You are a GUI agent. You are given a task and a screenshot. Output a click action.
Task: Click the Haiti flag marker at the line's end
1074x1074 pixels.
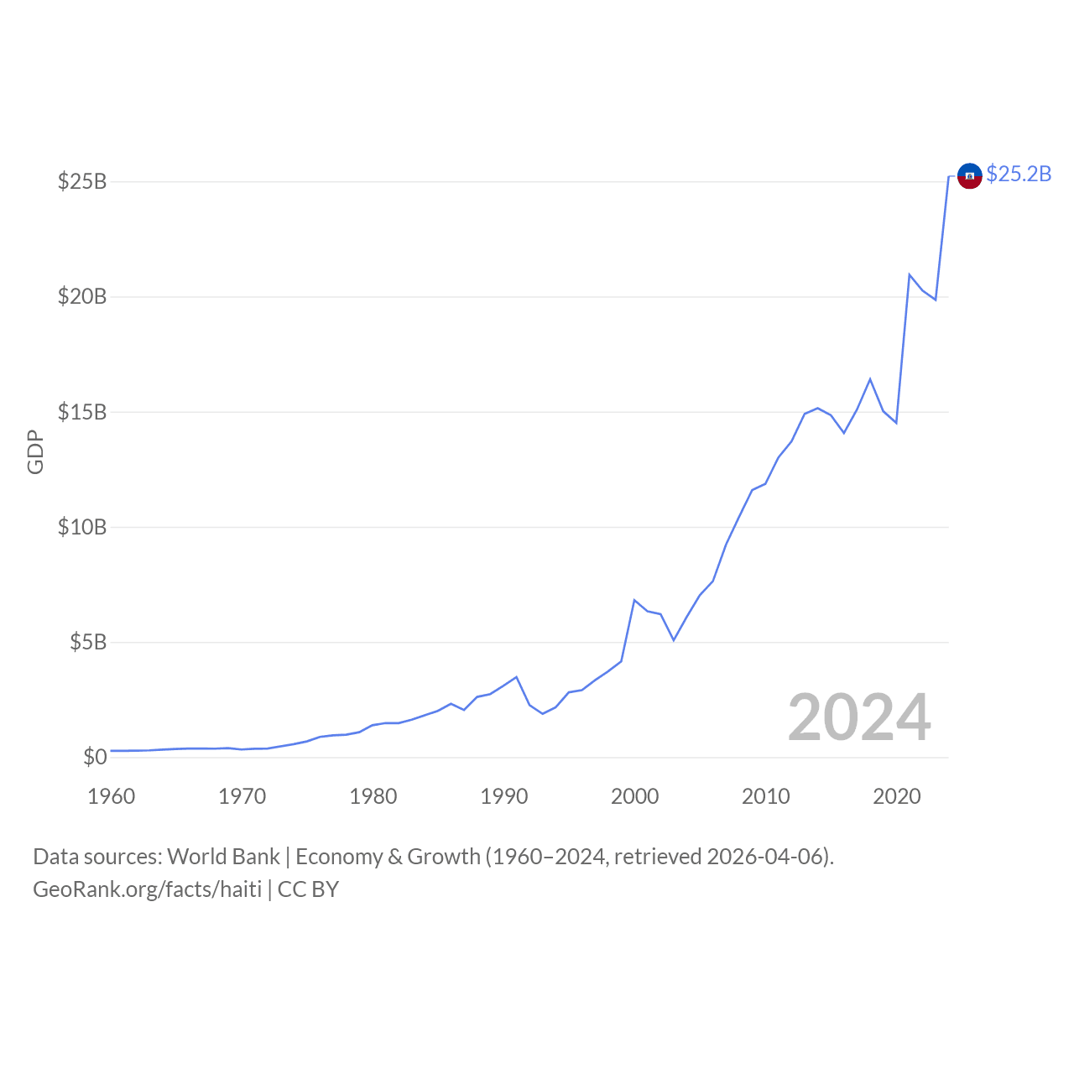(x=969, y=176)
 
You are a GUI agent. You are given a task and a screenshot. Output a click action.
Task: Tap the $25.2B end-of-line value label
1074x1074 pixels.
(x=1019, y=174)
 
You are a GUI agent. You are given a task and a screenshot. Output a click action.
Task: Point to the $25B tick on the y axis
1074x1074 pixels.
(x=82, y=181)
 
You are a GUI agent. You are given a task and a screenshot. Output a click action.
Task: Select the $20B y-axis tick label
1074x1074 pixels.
(x=82, y=296)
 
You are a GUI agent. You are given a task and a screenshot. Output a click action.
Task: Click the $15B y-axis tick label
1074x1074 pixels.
(x=82, y=412)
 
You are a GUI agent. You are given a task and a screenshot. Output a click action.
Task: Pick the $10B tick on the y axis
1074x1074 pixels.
(x=82, y=527)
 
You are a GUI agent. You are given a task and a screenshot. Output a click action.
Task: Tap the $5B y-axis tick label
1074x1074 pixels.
(x=88, y=642)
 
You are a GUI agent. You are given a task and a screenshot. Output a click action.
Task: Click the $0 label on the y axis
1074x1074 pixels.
(x=95, y=757)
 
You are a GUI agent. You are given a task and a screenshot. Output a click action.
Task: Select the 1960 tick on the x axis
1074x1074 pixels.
(x=112, y=796)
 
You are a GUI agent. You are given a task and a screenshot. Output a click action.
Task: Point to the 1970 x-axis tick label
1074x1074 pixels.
(x=242, y=796)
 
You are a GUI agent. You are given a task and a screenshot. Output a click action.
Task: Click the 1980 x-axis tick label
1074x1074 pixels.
(x=373, y=796)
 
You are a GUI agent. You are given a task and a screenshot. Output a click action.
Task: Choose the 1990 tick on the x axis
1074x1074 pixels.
(x=504, y=796)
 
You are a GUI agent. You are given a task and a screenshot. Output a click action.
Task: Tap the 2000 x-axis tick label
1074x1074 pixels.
(x=635, y=796)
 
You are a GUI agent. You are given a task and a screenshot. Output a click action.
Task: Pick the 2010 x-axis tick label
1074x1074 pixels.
(x=766, y=796)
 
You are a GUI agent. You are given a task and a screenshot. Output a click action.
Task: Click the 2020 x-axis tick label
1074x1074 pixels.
(x=897, y=796)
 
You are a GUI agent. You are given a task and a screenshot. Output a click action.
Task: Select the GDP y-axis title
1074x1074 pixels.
(x=35, y=451)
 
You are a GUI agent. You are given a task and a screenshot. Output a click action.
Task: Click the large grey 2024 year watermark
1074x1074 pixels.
(x=859, y=718)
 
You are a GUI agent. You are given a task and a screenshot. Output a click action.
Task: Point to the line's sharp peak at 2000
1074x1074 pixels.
(x=634, y=601)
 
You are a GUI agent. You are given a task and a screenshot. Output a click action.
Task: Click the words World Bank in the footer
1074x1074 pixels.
(x=223, y=857)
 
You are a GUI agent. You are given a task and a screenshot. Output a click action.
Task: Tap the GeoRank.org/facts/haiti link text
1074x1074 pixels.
(x=148, y=889)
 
